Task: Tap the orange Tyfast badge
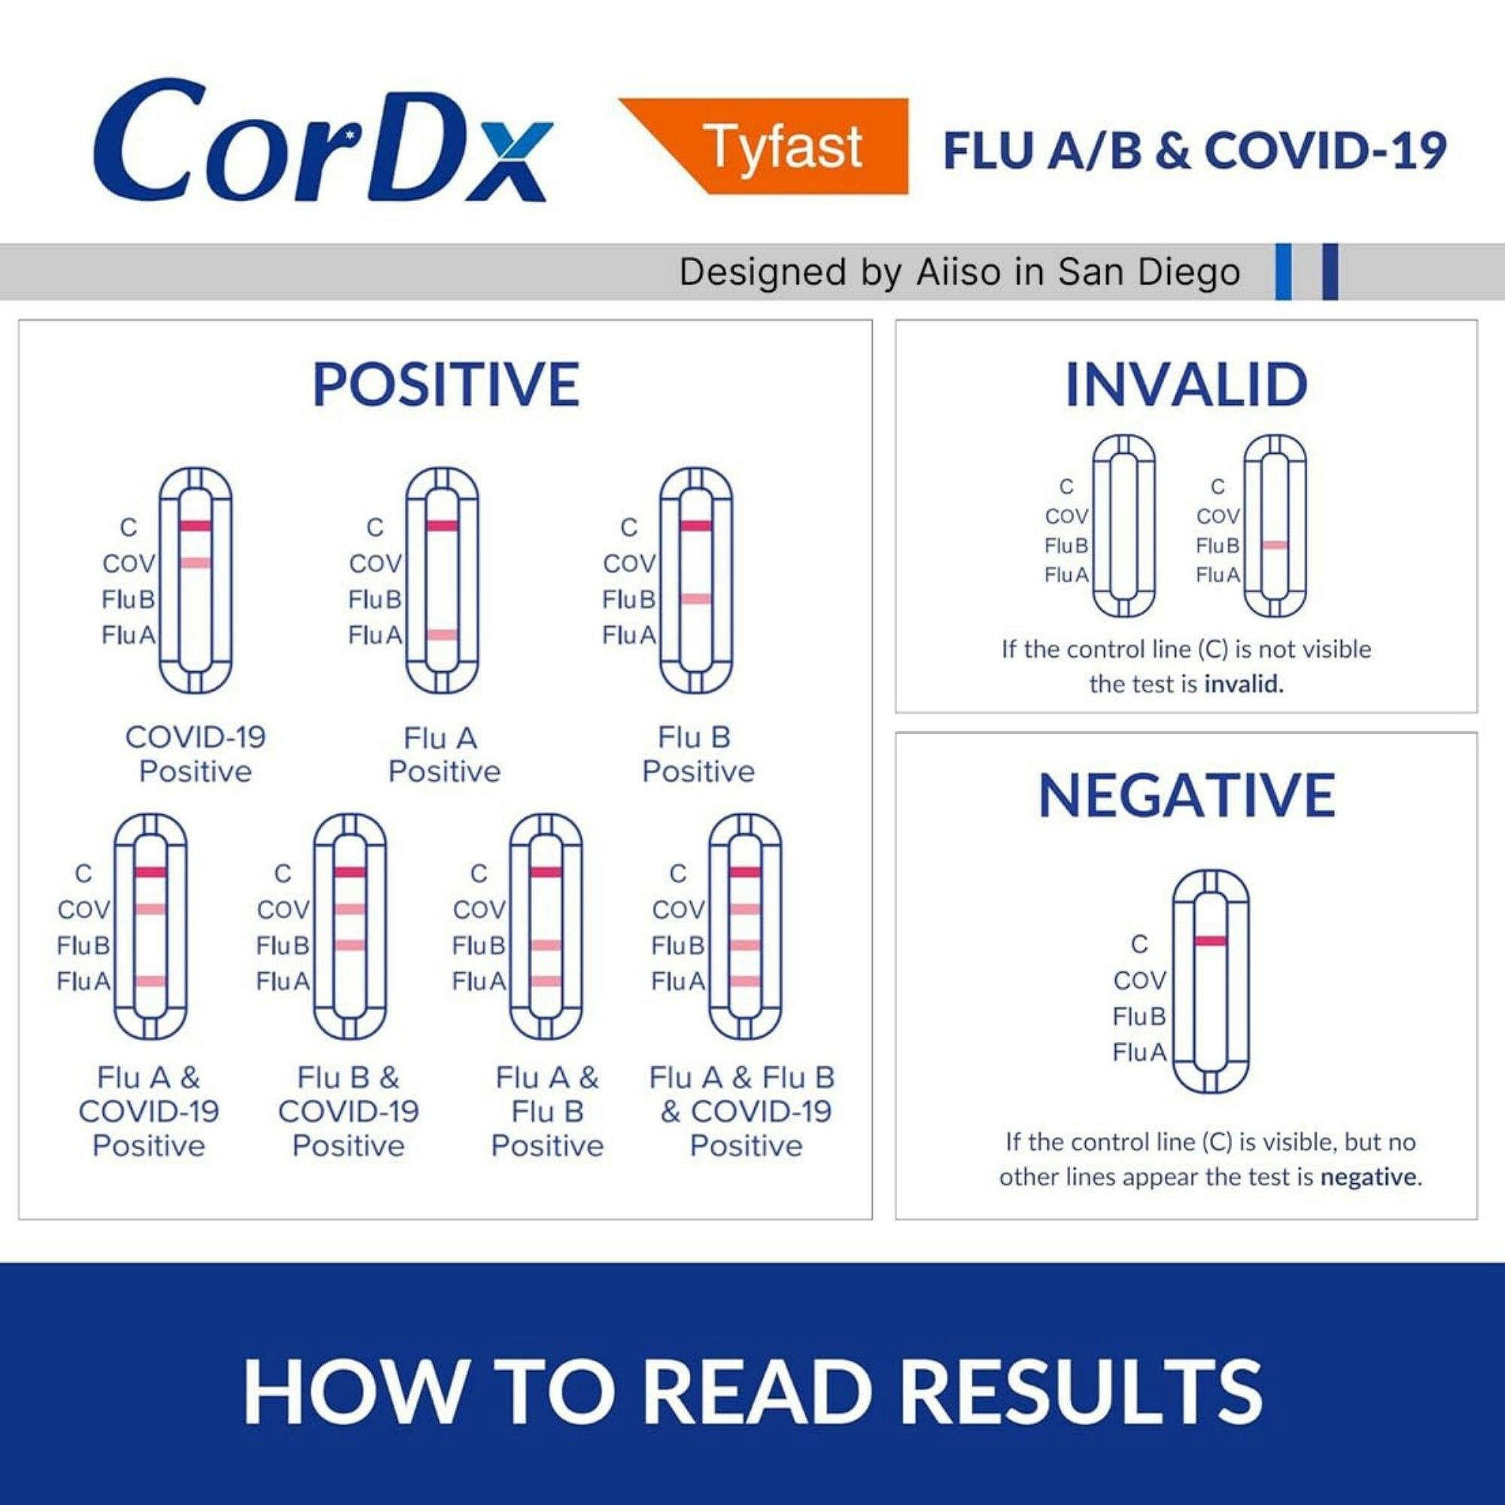pos(782,146)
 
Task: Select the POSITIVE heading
pos(445,385)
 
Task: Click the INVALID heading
pos(1186,385)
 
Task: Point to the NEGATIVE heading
pos(1187,795)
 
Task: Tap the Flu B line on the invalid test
pos(1275,546)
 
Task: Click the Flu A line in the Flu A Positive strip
pos(442,635)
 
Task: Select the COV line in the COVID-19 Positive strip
pos(195,562)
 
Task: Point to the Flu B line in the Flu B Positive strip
pos(695,598)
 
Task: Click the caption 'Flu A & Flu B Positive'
pos(547,1111)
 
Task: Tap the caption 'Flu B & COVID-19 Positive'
pos(348,1111)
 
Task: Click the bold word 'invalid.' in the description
pos(1243,684)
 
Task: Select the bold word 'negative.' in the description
pos(1370,1176)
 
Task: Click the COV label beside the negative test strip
pos(1139,980)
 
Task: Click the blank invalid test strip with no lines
pos(1123,526)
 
